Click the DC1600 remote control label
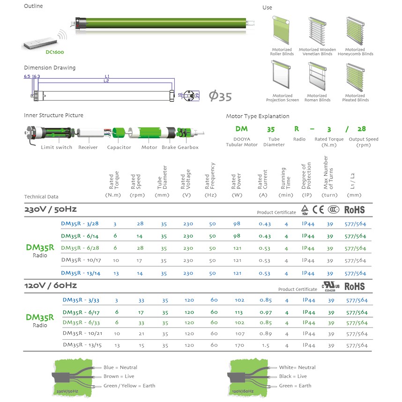[55, 52]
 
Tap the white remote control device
[40, 43]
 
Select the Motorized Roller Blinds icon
[281, 30]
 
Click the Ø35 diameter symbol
[220, 97]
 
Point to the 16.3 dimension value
[36, 76]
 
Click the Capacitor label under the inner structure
[119, 148]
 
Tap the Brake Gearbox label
[180, 148]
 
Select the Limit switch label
[56, 148]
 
